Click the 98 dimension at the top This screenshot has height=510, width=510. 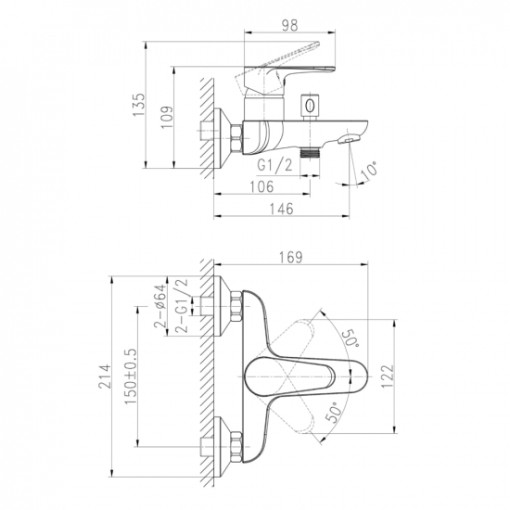pyautogui.click(x=289, y=25)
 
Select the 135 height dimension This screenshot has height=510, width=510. pyautogui.click(x=138, y=105)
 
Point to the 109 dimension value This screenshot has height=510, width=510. pyautogui.click(x=167, y=117)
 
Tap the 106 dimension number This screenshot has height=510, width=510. pyautogui.click(x=261, y=186)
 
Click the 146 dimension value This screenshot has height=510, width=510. pyautogui.click(x=282, y=209)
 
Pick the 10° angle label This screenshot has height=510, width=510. pyautogui.click(x=370, y=170)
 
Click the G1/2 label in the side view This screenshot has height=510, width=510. pyautogui.click(x=274, y=166)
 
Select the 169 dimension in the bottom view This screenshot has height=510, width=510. pyautogui.click(x=291, y=257)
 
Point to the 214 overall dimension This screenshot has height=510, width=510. pyautogui.click(x=105, y=376)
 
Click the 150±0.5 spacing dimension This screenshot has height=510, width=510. pyautogui.click(x=131, y=376)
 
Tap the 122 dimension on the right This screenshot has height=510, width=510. pyautogui.click(x=388, y=376)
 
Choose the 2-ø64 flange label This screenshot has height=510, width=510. pyautogui.click(x=159, y=306)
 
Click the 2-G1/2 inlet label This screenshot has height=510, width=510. pyautogui.click(x=182, y=305)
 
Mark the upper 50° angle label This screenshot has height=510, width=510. pyautogui.click(x=350, y=338)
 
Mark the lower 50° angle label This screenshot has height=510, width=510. pyautogui.click(x=335, y=412)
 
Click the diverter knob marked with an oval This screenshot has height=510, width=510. pyautogui.click(x=310, y=108)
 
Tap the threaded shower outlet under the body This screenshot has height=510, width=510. pyautogui.click(x=310, y=152)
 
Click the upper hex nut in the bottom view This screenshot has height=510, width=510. pyautogui.click(x=236, y=306)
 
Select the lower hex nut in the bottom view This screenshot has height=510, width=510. pyautogui.click(x=236, y=447)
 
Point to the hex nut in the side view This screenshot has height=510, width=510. pyautogui.click(x=236, y=138)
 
